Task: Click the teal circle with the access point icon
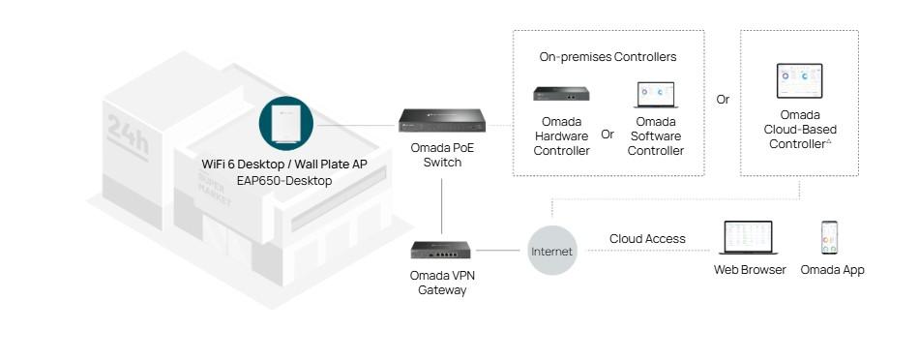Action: click(285, 124)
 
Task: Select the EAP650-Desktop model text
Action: click(284, 181)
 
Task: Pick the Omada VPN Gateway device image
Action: click(442, 249)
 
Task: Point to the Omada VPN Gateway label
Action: click(442, 283)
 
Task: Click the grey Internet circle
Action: click(551, 251)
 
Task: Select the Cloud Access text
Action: click(647, 239)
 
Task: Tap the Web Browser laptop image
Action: click(750, 238)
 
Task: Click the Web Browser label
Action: click(750, 270)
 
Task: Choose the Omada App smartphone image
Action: click(829, 237)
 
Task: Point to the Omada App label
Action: click(832, 270)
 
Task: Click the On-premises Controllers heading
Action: click(608, 57)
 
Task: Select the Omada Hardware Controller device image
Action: click(561, 94)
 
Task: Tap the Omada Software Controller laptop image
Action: click(656, 94)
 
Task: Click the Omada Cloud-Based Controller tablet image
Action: click(799, 81)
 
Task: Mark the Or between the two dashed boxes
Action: click(723, 100)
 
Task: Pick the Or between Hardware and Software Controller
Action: click(608, 135)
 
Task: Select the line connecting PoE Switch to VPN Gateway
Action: click(442, 203)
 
